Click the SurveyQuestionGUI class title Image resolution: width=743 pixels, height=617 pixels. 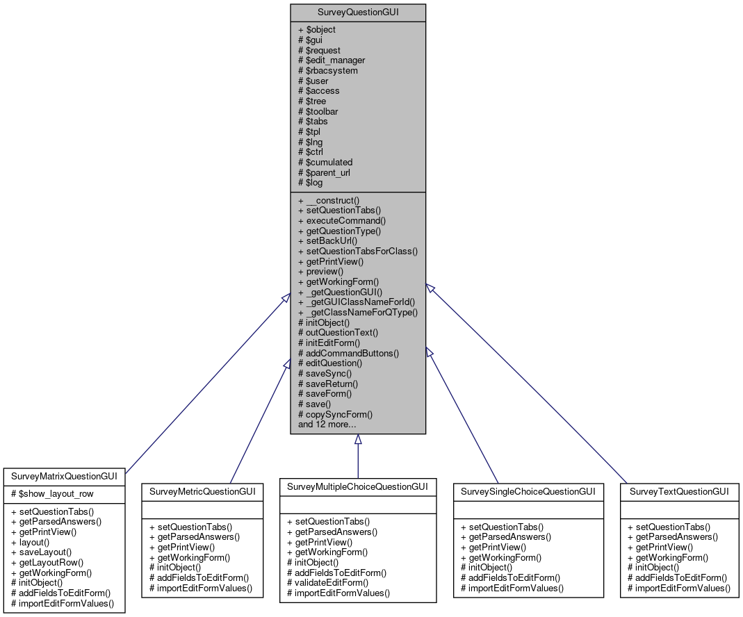(x=357, y=13)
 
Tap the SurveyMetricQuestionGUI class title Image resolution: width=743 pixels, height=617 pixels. (x=201, y=491)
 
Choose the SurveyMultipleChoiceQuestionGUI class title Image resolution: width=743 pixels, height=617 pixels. (x=358, y=486)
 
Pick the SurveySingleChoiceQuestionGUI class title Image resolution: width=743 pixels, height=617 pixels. (x=529, y=491)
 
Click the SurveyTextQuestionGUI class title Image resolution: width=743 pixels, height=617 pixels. (x=679, y=491)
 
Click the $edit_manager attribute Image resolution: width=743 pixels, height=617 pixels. (x=331, y=60)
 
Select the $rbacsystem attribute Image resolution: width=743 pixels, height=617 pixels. (x=327, y=70)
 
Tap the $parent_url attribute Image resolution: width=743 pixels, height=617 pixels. (x=326, y=172)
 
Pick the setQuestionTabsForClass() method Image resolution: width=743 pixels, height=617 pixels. (x=357, y=251)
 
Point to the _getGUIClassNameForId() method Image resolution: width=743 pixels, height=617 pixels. (x=356, y=302)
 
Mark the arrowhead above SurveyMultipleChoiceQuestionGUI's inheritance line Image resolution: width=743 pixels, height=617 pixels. (x=357, y=440)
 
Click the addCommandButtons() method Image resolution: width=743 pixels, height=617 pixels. (x=348, y=353)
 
